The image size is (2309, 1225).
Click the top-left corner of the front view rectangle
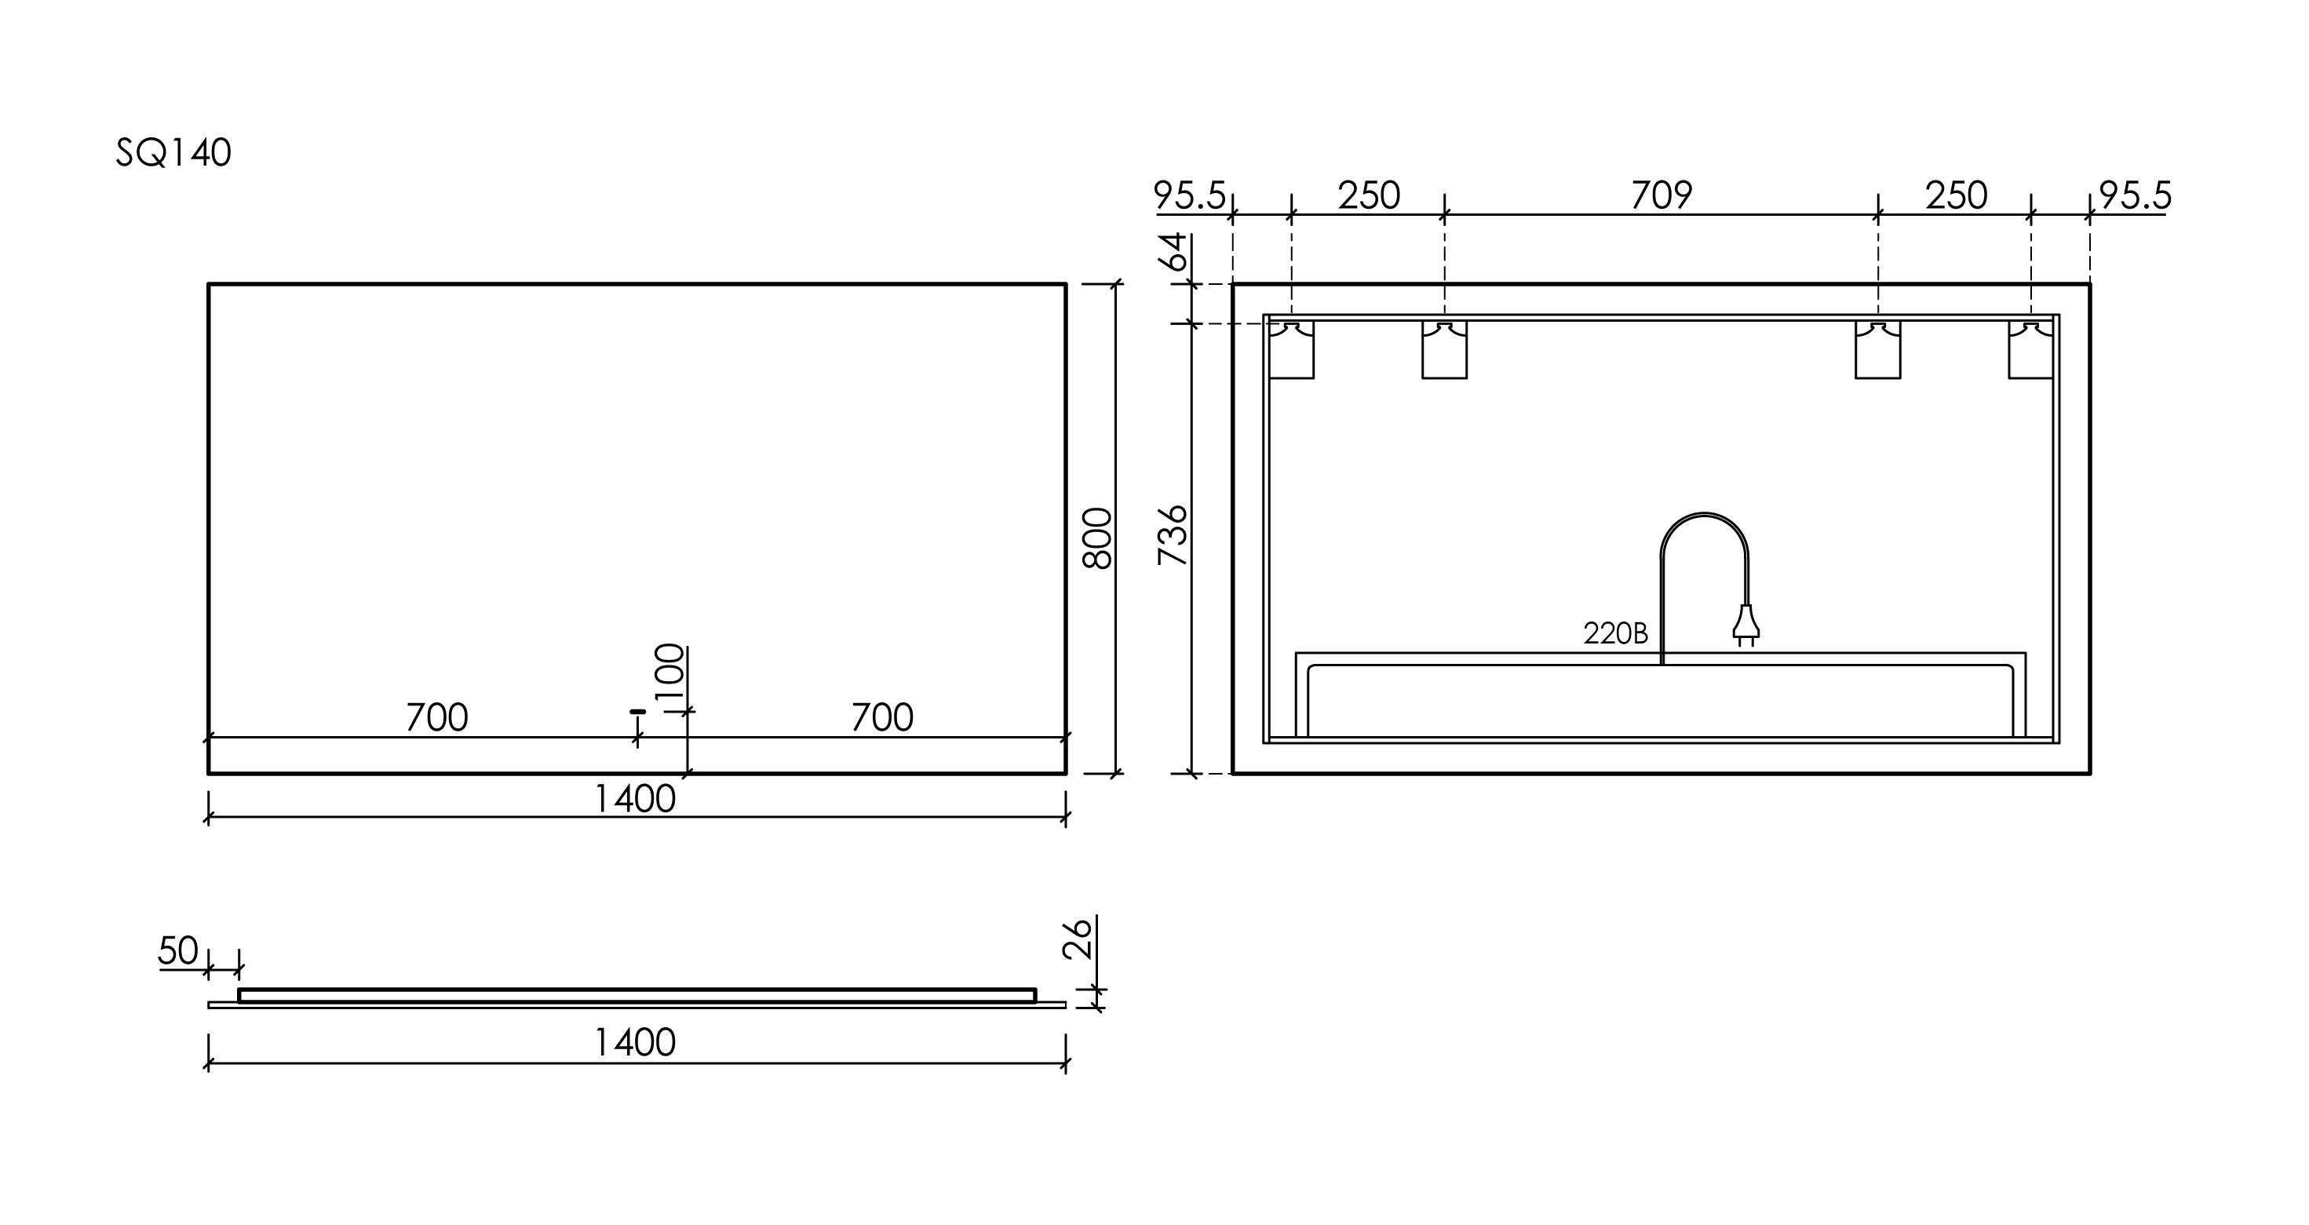(209, 284)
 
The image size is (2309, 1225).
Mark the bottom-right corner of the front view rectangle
(1066, 772)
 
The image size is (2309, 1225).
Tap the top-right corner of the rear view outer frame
(2090, 284)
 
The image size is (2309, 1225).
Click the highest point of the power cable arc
(1704, 513)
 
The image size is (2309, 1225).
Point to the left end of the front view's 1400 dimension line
(209, 816)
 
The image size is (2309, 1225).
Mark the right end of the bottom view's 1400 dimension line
(1066, 1063)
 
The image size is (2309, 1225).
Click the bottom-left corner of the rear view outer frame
(1234, 772)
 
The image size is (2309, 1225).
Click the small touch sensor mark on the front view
(637, 712)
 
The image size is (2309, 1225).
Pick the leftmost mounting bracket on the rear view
(1292, 349)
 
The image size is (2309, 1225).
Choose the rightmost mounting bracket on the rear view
(2031, 349)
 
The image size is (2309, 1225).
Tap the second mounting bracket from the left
(1445, 349)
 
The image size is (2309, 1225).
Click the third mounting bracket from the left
(1878, 349)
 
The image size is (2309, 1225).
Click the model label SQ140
(174, 153)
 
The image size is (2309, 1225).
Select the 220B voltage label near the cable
(1615, 633)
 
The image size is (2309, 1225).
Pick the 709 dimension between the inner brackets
(1661, 195)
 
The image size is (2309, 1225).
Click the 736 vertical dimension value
(1173, 535)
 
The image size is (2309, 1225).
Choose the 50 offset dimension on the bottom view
(177, 951)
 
